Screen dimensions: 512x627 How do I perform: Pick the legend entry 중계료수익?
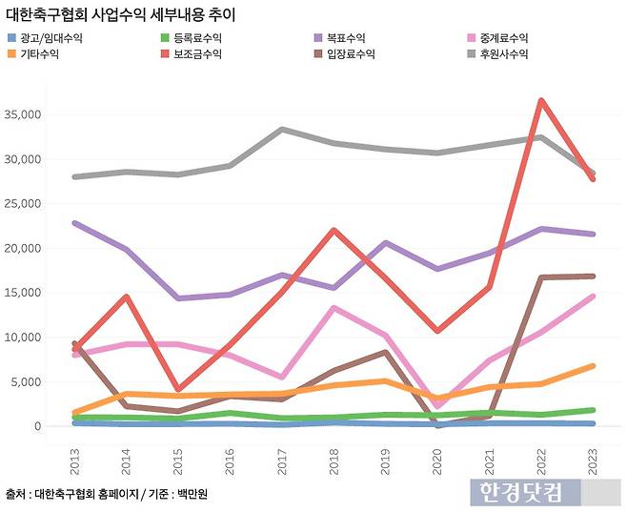[x=499, y=38]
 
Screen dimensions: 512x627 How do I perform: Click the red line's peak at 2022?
[x=540, y=100]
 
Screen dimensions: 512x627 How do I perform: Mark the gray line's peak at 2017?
[x=281, y=130]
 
